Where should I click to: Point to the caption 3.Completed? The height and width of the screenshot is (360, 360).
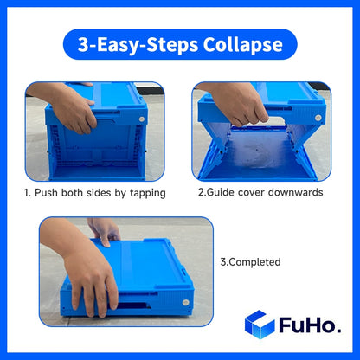click(251, 260)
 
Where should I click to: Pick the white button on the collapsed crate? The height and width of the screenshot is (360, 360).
click(188, 300)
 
